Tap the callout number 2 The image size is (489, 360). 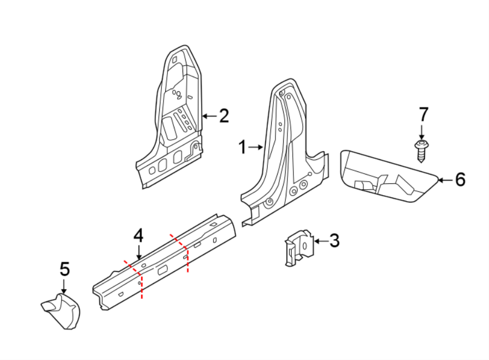point(223,115)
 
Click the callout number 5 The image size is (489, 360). point(64,268)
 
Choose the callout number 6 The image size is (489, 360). point(460,179)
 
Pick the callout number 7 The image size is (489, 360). point(423,115)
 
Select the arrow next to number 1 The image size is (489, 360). point(256,146)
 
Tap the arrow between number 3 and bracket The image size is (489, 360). point(319,240)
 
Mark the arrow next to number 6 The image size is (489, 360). point(444,179)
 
